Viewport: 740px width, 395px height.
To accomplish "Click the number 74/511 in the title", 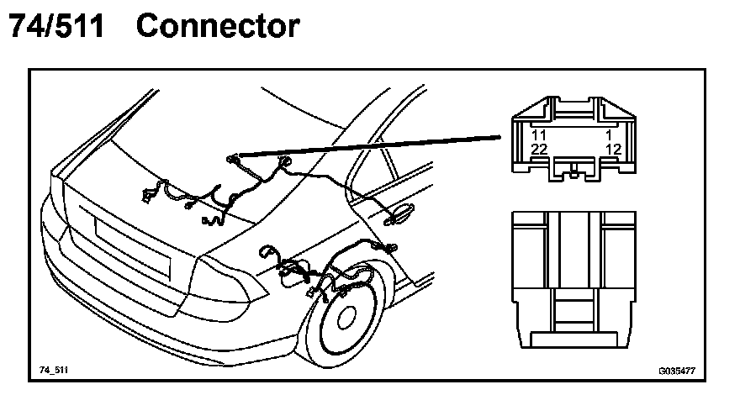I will click(x=57, y=26).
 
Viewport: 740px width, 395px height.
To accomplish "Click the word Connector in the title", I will click(x=217, y=26).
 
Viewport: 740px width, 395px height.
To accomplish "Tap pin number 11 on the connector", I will click(x=539, y=134).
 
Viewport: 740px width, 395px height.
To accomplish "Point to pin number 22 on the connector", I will click(x=539, y=149).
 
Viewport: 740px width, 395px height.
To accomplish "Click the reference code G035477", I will click(x=676, y=370).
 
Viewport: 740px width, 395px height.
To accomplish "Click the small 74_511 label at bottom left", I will click(x=53, y=370).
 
